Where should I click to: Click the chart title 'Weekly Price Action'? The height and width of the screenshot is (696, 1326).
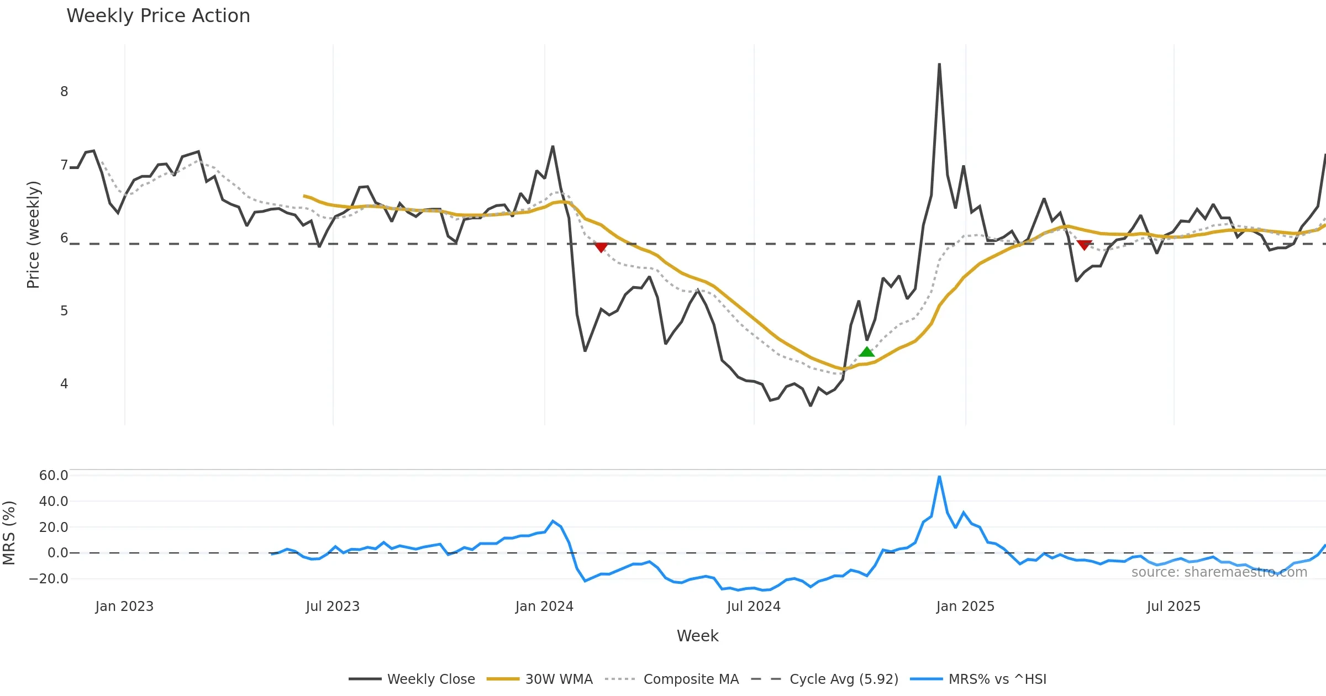click(x=158, y=16)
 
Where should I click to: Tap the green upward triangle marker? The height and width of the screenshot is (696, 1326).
click(x=866, y=352)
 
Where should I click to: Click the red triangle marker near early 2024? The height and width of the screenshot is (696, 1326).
click(x=601, y=247)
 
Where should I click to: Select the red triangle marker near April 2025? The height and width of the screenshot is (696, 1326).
click(x=1084, y=245)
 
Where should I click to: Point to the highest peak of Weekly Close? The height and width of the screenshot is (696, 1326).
click(x=939, y=65)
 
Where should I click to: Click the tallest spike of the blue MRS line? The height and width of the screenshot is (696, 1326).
click(x=939, y=477)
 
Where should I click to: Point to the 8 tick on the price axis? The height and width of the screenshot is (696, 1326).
click(x=64, y=92)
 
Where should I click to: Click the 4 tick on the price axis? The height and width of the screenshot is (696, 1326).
click(x=64, y=384)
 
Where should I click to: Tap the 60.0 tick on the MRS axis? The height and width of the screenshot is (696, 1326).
click(x=54, y=476)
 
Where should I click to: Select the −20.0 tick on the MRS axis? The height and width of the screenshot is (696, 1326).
click(x=49, y=579)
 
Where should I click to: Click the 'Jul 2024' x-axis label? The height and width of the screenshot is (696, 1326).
click(x=754, y=607)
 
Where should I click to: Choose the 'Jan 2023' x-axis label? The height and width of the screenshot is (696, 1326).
click(x=124, y=607)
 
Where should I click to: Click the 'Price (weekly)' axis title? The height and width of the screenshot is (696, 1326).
click(x=33, y=235)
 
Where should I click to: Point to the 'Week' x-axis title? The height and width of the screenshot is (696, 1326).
click(x=697, y=636)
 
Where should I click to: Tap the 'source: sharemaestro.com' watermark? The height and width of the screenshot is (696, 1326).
click(x=1219, y=572)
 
